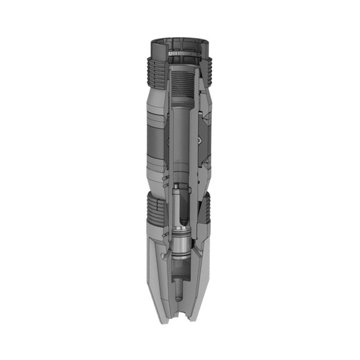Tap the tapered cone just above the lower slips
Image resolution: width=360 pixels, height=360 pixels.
[x=154, y=180]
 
